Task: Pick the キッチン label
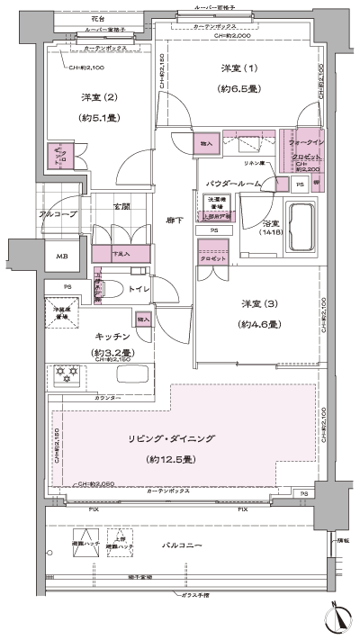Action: (110, 335)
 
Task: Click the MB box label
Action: (61, 257)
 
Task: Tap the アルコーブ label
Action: (58, 214)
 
